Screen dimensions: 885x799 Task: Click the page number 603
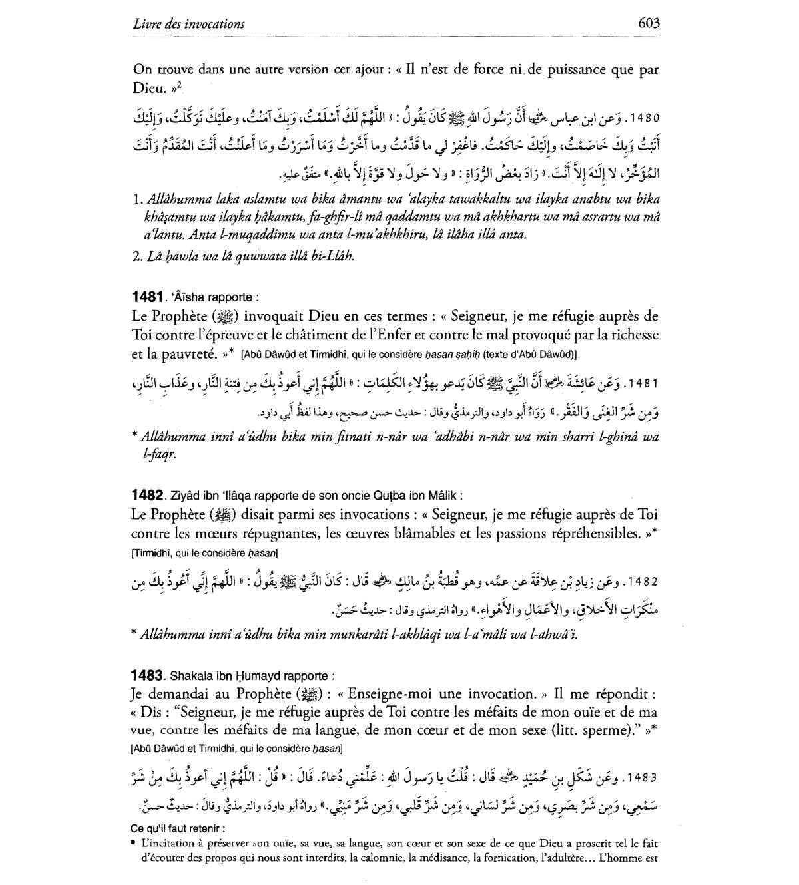point(648,23)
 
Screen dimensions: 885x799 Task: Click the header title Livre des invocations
point(188,24)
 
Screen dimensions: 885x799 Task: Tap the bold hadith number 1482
point(147,495)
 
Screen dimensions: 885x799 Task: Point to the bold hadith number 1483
point(147,675)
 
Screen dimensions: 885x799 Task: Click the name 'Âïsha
point(185,297)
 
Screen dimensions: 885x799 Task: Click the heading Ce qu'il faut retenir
point(178,828)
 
